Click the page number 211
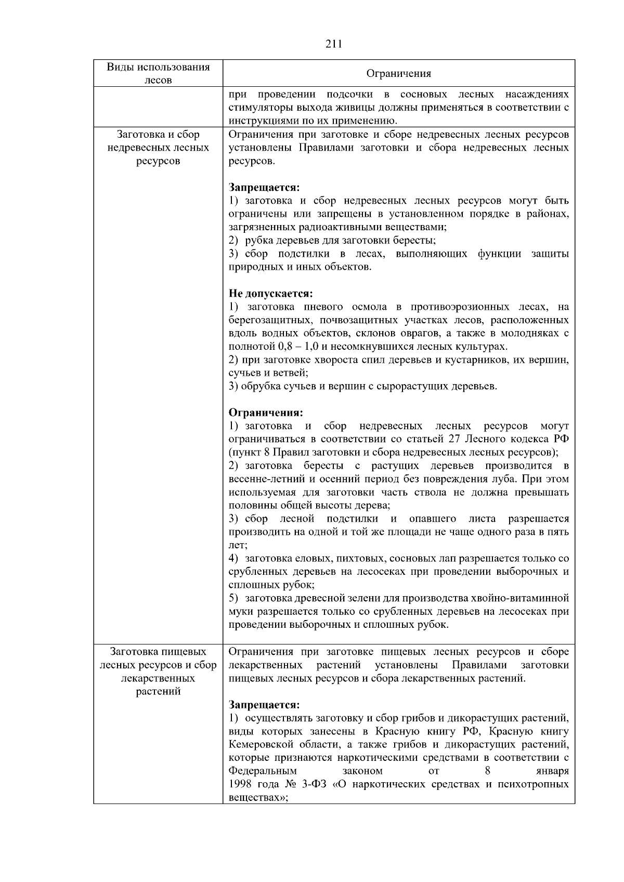(333, 44)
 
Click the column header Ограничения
(399, 74)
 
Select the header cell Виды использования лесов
(158, 73)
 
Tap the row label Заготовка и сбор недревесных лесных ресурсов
(158, 148)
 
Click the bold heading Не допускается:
(271, 294)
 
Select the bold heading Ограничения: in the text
(266, 413)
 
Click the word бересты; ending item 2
(417, 240)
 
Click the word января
(552, 771)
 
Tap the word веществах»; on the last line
(258, 797)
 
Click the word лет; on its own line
(238, 545)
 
